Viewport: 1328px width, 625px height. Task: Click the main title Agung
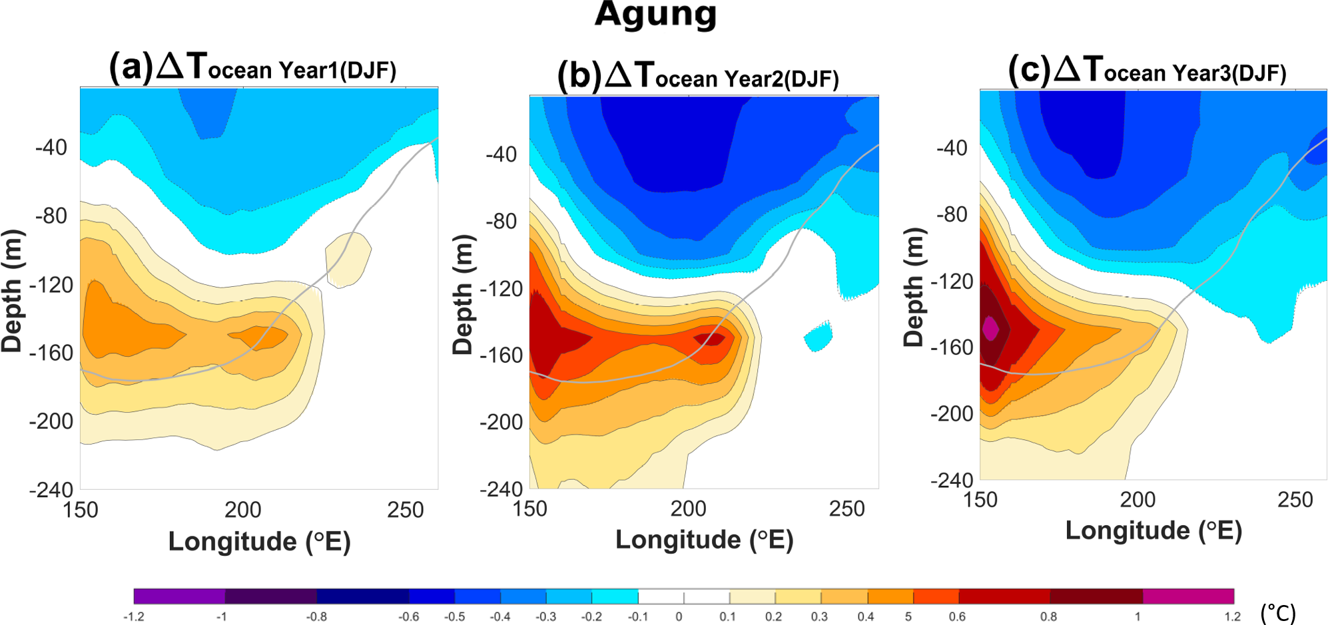tap(655, 15)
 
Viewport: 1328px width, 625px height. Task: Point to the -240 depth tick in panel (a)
tap(51, 490)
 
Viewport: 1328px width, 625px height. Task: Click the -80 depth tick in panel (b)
tap(501, 221)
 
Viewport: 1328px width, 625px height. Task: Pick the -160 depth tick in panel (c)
tap(952, 347)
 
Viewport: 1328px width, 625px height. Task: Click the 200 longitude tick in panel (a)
tap(242, 511)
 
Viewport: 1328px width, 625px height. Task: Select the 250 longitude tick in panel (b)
tap(846, 509)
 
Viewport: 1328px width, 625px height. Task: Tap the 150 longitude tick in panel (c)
tap(980, 500)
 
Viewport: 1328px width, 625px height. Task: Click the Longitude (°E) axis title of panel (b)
tap(704, 540)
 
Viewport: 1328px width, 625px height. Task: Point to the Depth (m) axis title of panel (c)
tap(914, 287)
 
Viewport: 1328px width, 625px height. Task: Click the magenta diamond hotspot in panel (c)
tap(990, 328)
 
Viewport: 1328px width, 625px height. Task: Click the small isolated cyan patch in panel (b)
tap(819, 336)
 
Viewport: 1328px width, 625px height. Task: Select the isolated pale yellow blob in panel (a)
tap(348, 259)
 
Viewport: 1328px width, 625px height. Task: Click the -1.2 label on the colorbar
tap(134, 617)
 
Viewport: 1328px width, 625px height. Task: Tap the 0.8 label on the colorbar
tap(1048, 617)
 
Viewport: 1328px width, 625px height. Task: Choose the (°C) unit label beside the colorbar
tap(1278, 612)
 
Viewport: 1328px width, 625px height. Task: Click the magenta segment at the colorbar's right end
tap(1188, 596)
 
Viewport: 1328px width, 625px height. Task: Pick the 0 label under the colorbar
tap(679, 617)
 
